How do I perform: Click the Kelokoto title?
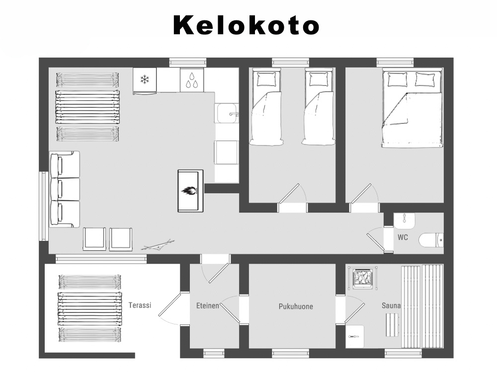[246, 25]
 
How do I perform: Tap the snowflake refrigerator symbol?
[145, 79]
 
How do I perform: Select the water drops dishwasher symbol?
[192, 80]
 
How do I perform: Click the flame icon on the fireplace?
[189, 190]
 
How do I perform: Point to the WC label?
[403, 237]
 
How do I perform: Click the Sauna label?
[391, 305]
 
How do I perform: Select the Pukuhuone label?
[296, 306]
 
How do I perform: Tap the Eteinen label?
[208, 306]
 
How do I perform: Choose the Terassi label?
[140, 305]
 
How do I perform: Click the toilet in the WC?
[431, 240]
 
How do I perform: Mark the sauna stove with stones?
[364, 278]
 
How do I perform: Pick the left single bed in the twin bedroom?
[265, 107]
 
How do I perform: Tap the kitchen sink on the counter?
[227, 113]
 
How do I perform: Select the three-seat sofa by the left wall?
[65, 189]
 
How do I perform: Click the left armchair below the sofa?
[94, 239]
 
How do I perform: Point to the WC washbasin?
[404, 221]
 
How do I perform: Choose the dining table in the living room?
[88, 107]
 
